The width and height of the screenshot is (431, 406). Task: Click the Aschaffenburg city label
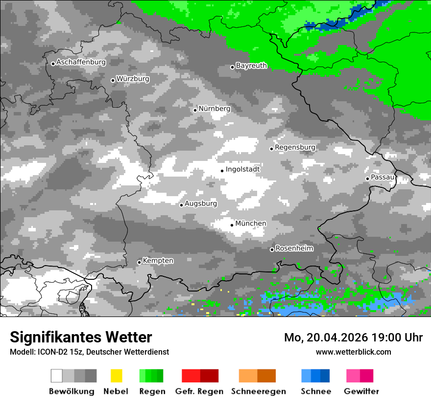81,63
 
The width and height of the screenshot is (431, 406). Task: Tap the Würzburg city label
133,79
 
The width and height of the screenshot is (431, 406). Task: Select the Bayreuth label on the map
251,66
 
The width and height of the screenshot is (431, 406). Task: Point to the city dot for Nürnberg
195,110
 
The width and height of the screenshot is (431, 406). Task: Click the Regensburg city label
295,147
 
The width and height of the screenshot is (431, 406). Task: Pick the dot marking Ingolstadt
222,171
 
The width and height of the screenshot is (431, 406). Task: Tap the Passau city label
383,177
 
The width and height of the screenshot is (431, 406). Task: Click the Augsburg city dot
181,205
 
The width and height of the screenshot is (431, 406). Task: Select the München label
251,224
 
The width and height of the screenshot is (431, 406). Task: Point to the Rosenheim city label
294,248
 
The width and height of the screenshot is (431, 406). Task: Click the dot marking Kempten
139,262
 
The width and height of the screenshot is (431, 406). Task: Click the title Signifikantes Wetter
81,338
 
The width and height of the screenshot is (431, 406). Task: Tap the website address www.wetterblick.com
353,352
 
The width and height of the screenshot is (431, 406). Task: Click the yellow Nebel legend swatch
116,376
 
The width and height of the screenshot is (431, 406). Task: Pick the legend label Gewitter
361,391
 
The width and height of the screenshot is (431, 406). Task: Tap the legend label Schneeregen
259,391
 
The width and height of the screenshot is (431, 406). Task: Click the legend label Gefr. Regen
199,391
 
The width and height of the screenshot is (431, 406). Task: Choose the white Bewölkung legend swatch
56,376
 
